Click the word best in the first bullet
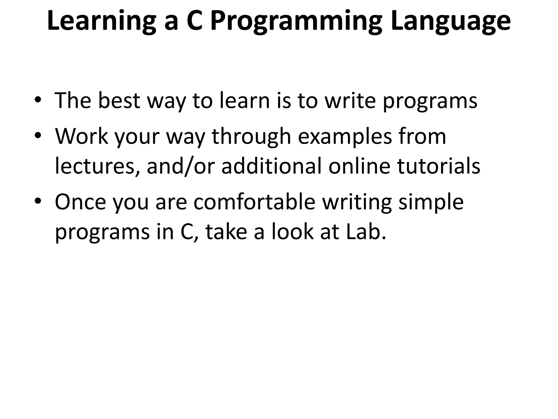click(119, 100)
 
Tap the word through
click(251, 136)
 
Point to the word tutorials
click(438, 166)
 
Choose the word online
click(359, 166)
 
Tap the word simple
click(431, 202)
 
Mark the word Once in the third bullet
click(80, 202)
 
